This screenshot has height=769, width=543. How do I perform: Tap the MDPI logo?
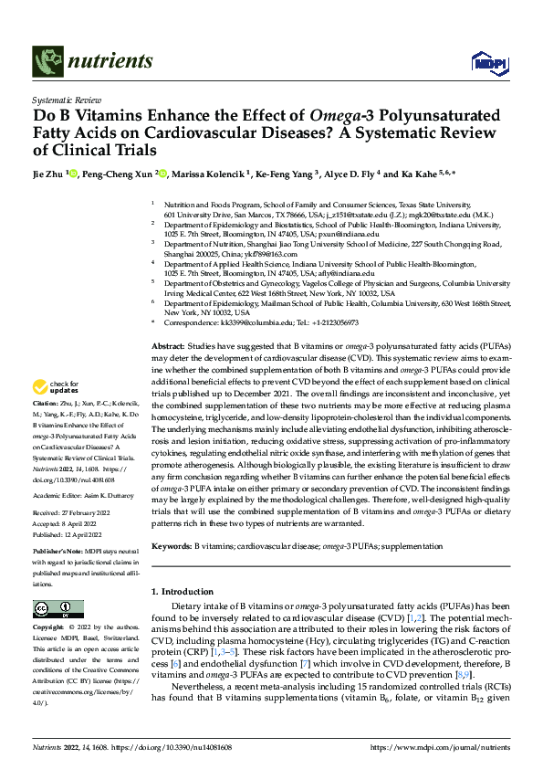[486, 62]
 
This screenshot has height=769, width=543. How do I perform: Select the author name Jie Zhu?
[52, 174]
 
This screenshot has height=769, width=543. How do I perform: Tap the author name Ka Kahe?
[414, 174]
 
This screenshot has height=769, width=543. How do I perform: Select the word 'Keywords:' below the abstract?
[171, 545]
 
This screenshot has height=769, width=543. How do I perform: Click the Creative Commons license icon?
[53, 608]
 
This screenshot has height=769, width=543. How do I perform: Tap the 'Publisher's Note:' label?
[57, 553]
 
